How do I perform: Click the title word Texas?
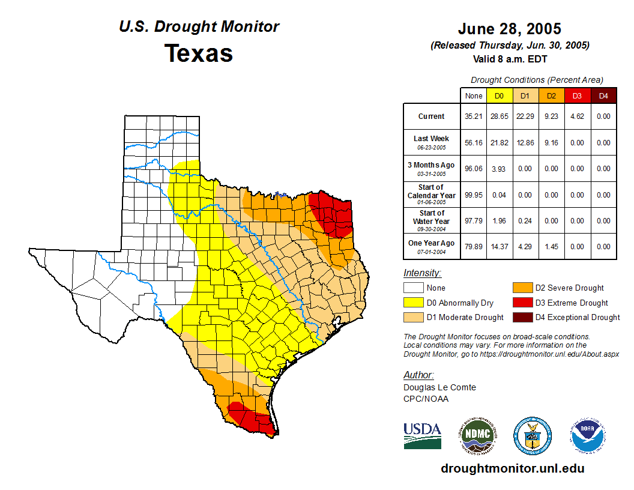pyautogui.click(x=199, y=53)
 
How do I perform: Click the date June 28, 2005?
pyautogui.click(x=510, y=29)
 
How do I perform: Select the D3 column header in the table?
pyautogui.click(x=577, y=95)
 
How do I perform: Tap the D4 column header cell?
pyautogui.click(x=603, y=95)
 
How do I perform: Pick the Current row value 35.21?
pyautogui.click(x=474, y=116)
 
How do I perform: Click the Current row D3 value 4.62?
pyautogui.click(x=577, y=116)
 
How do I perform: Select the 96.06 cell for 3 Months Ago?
pyautogui.click(x=474, y=169)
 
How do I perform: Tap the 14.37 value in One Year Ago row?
pyautogui.click(x=500, y=246)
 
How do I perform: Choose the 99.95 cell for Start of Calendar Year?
pyautogui.click(x=474, y=195)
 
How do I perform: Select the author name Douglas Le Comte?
pyautogui.click(x=439, y=387)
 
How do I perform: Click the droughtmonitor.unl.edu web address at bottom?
pyautogui.click(x=512, y=468)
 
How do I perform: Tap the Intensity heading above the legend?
pyautogui.click(x=422, y=273)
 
